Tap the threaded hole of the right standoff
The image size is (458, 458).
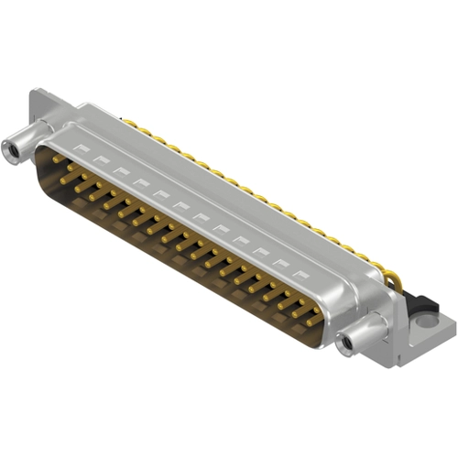click(346, 345)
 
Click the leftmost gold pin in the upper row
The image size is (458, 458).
click(58, 158)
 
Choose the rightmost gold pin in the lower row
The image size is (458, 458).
click(314, 321)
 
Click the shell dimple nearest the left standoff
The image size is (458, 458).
click(83, 146)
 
